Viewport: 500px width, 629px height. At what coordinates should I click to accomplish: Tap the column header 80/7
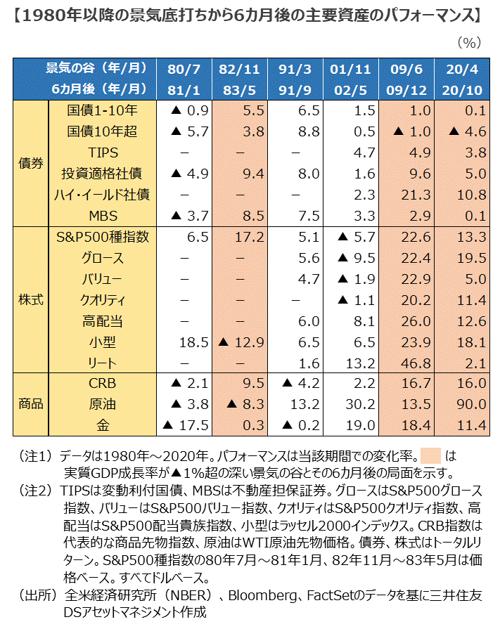tap(184, 68)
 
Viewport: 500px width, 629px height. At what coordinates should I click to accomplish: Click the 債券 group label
tap(30, 162)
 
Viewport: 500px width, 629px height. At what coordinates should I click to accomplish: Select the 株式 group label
tap(30, 299)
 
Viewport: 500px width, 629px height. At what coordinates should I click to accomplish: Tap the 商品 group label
tap(30, 404)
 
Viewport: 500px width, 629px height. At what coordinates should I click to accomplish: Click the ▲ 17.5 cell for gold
tap(186, 425)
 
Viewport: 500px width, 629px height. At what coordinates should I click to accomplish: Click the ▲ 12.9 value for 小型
tap(240, 342)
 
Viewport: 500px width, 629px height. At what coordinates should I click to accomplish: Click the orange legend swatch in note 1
tap(430, 454)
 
